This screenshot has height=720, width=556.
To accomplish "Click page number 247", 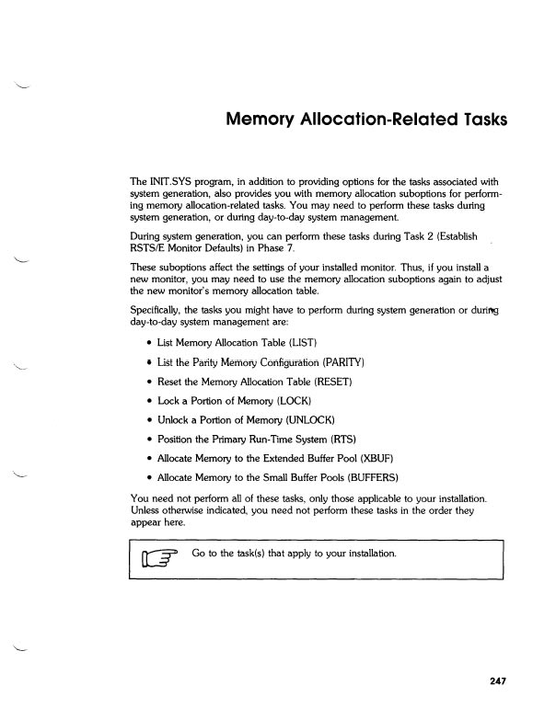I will pos(498,681).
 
